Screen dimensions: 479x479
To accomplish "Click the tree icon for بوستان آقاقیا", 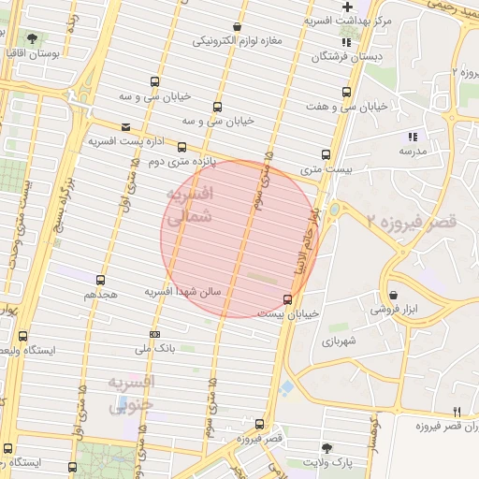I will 33,39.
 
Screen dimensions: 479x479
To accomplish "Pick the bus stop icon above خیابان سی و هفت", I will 347,93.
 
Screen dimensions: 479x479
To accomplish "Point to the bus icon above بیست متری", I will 327,155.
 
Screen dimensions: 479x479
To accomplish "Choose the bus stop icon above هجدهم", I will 100,280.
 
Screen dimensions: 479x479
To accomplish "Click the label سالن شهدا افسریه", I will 182,292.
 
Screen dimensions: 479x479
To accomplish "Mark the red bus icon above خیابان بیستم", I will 286,299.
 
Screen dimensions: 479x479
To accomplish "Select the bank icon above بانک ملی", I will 154,334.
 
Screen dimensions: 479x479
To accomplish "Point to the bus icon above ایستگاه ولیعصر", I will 22,336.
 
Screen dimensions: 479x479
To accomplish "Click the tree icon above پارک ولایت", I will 327,448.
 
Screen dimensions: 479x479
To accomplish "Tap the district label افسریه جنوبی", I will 132,394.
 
